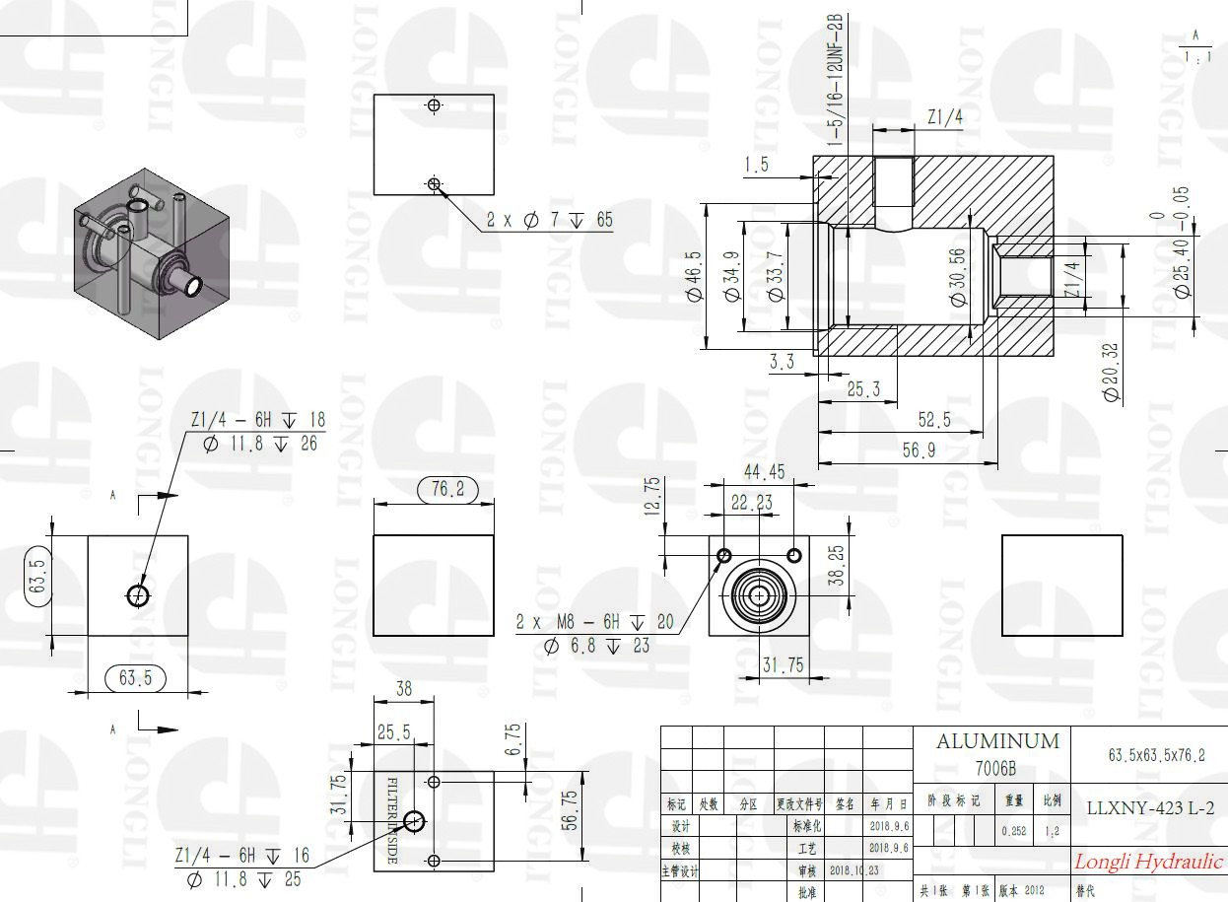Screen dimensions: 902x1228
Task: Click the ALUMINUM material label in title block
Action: pos(996,741)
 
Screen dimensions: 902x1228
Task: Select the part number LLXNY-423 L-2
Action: pos(1148,807)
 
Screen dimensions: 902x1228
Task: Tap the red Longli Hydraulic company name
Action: pos(1148,862)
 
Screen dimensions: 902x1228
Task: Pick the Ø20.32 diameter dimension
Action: pos(1112,371)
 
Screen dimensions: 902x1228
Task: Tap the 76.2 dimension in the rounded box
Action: pos(447,489)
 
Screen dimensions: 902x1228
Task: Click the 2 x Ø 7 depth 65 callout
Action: pos(549,220)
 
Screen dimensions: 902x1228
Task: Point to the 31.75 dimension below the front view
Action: pos(783,665)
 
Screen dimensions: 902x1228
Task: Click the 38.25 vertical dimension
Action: pos(836,567)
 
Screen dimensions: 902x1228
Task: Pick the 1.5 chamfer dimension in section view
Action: pos(756,165)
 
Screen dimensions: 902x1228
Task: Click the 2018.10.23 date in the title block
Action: pos(853,871)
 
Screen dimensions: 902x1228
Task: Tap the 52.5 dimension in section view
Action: pos(934,420)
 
